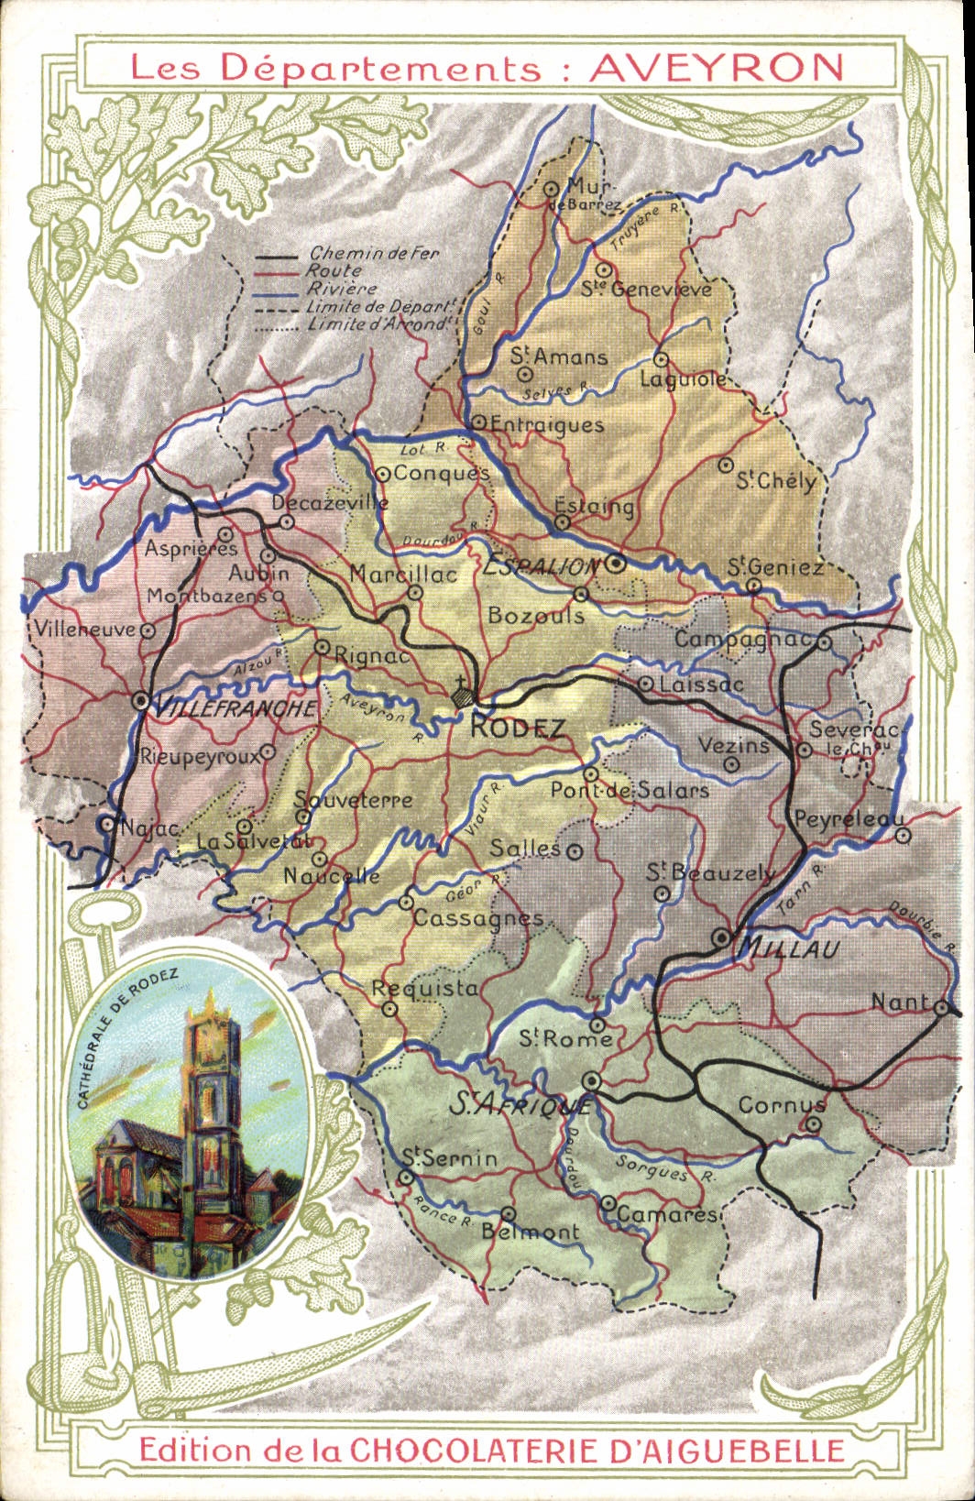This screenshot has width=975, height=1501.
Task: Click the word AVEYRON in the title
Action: pos(716,67)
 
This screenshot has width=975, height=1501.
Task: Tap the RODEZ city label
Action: pos(518,728)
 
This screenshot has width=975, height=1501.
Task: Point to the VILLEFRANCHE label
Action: pos(236,708)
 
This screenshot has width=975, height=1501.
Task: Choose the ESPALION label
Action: pos(540,567)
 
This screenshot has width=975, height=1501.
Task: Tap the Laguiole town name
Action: pos(682,378)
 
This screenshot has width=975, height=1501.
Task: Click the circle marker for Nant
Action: pos(941,1007)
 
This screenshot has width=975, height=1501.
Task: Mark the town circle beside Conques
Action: pos(383,474)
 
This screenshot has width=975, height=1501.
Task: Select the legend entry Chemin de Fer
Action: pos(374,253)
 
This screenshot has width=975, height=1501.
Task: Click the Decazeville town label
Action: pos(330,502)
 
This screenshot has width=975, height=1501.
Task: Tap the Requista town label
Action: pos(424,989)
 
